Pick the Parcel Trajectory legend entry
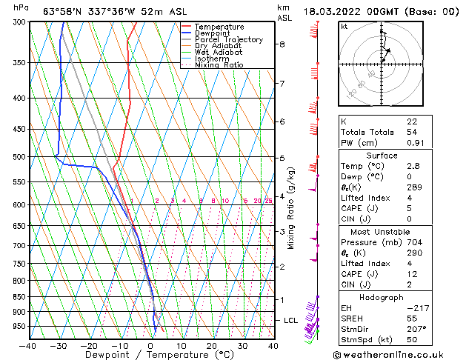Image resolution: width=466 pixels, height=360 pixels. [x=228, y=40]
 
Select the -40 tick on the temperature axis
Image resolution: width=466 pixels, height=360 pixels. [x=28, y=345]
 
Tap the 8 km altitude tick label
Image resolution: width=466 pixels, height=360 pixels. [x=282, y=44]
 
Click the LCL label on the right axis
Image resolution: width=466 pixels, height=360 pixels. [x=291, y=320]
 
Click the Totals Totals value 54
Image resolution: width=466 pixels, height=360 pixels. [x=412, y=131]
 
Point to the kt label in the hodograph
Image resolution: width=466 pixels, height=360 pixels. [x=344, y=26]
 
